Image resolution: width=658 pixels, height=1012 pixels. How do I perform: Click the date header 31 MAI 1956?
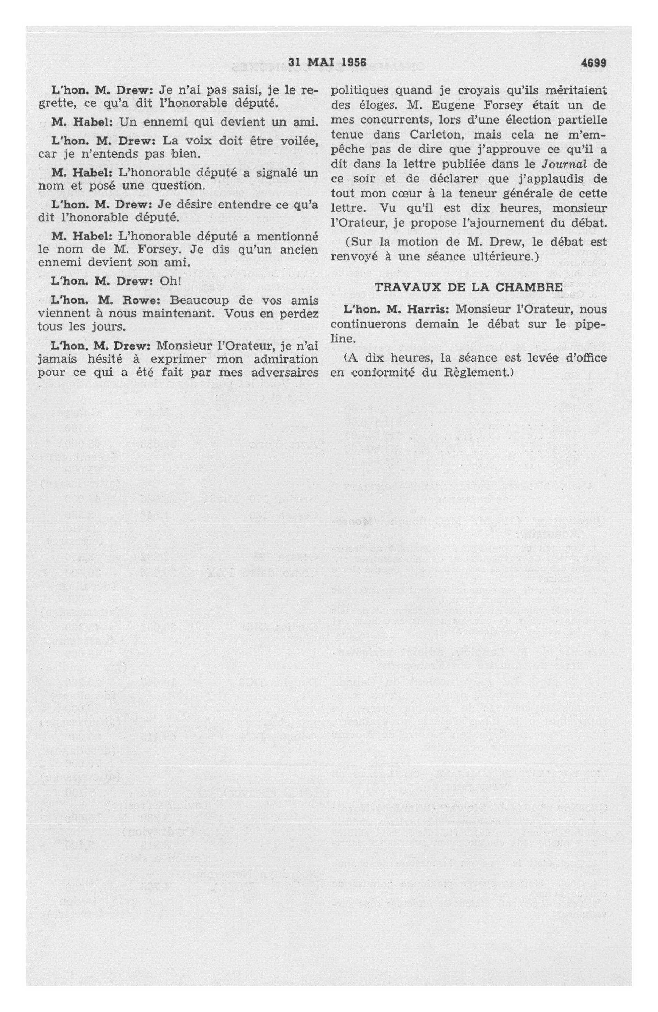tap(327, 62)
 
